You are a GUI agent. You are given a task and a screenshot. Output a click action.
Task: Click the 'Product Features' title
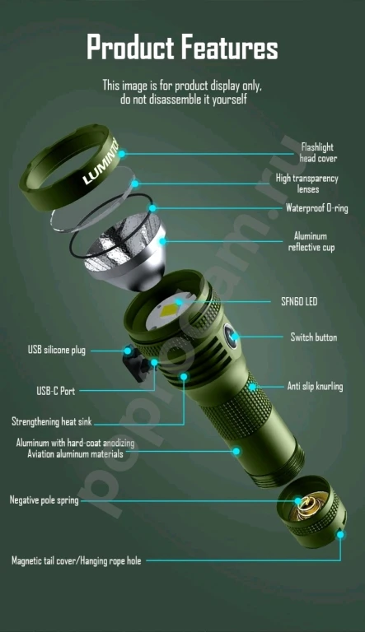(x=182, y=48)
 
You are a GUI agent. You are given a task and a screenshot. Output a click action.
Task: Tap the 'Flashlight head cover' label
(x=318, y=152)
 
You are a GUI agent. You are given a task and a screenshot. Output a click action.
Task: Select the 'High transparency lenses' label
(x=307, y=184)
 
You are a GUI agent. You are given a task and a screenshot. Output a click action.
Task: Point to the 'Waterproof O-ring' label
(x=316, y=207)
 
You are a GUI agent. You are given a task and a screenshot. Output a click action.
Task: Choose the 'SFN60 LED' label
(x=299, y=302)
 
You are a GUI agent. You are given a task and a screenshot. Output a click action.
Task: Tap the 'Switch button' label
(x=313, y=337)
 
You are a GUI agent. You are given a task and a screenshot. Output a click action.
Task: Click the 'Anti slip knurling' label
(x=315, y=386)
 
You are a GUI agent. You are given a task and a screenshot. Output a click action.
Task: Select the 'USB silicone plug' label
(x=57, y=350)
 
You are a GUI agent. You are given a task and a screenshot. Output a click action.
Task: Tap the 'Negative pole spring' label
(x=44, y=500)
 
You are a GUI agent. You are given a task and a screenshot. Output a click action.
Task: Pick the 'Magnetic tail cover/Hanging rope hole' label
(x=76, y=560)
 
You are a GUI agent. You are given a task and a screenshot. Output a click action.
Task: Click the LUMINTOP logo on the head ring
(x=101, y=165)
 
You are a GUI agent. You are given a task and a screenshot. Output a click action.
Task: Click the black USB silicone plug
(x=129, y=351)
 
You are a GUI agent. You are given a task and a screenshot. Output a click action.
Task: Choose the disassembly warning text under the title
(x=182, y=91)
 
